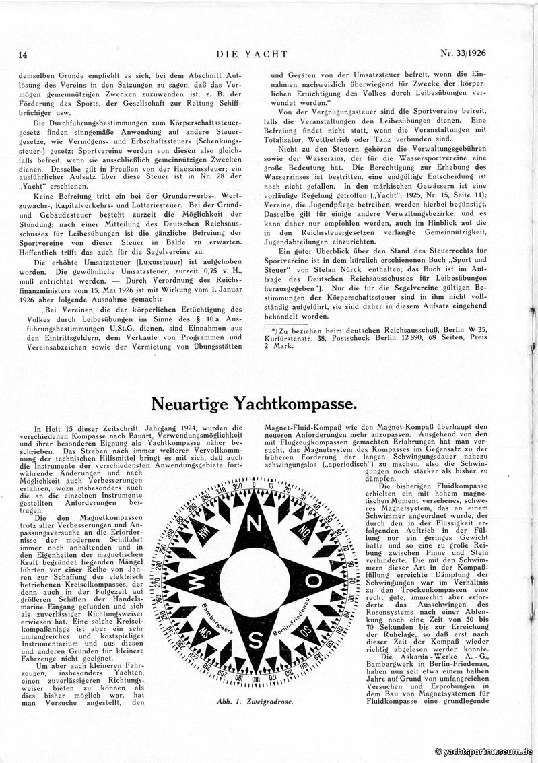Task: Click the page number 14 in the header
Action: point(22,55)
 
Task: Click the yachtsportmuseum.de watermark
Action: point(484,752)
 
